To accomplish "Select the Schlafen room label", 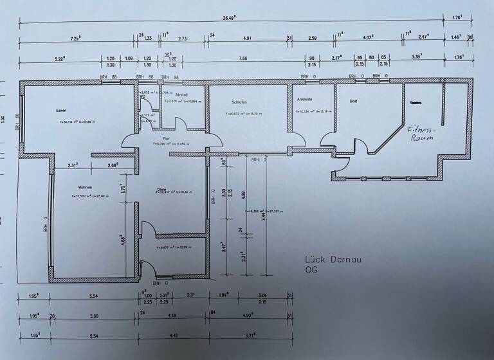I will pyautogui.click(x=239, y=102).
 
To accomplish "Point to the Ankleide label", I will pyautogui.click(x=304, y=100).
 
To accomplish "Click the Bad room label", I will pyautogui.click(x=353, y=101).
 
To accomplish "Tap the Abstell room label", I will pyautogui.click(x=181, y=94).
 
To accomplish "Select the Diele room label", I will pyautogui.click(x=161, y=188).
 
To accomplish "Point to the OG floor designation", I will pyautogui.click(x=311, y=270).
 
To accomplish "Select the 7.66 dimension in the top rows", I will pyautogui.click(x=242, y=59).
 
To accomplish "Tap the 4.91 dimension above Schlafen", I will pyautogui.click(x=247, y=38).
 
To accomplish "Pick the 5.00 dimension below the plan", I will pyautogui.click(x=95, y=316).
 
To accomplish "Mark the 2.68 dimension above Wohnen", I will pyautogui.click(x=113, y=166).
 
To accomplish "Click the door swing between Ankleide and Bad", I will pyautogui.click(x=327, y=139).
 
